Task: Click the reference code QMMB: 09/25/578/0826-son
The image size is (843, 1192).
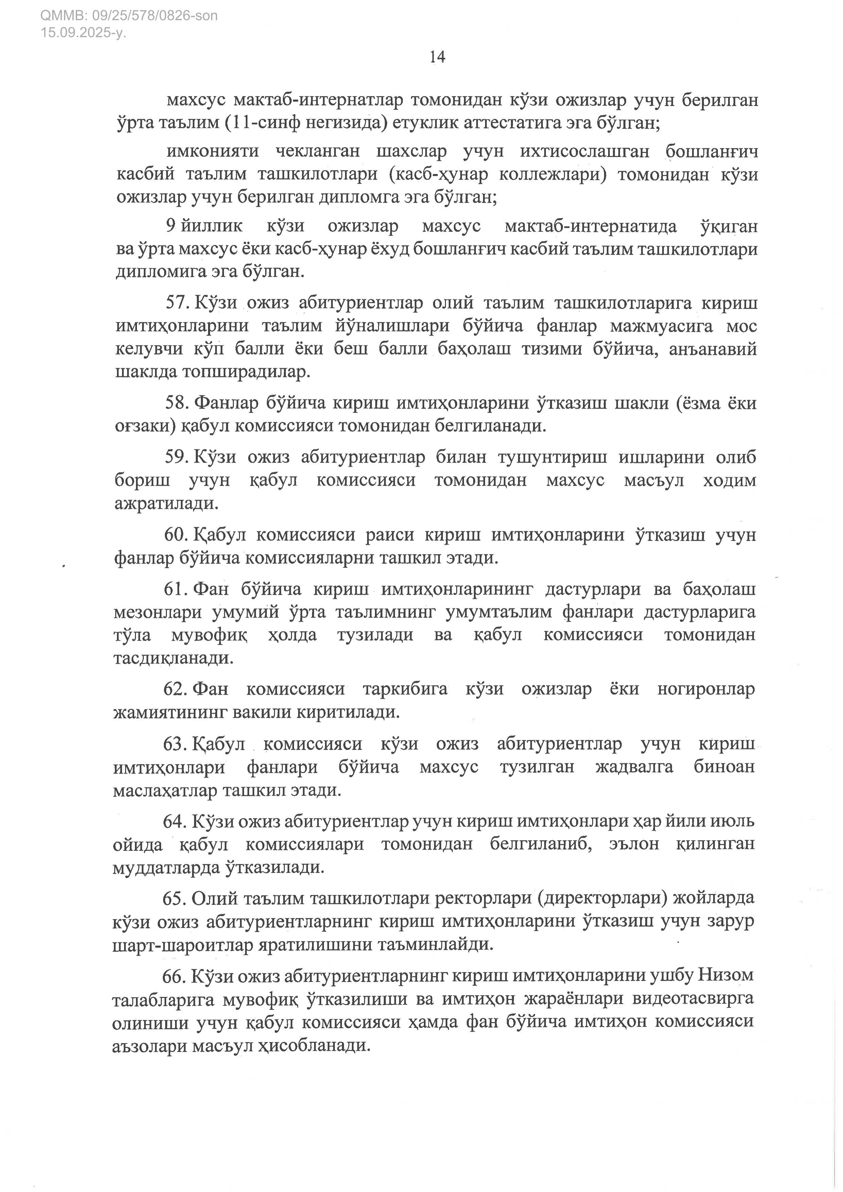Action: (129, 16)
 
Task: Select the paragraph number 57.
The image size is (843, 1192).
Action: (177, 303)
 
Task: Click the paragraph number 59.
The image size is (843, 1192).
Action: (177, 457)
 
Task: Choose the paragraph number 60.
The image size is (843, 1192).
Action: (176, 535)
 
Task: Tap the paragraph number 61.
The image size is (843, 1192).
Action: (176, 589)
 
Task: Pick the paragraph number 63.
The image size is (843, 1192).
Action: (175, 744)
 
